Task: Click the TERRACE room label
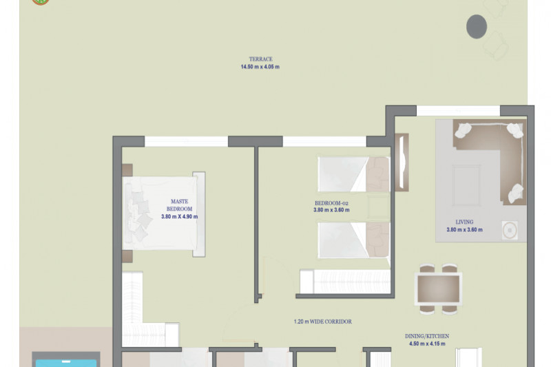pos(261,59)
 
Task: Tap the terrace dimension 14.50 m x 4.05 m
pos(260,67)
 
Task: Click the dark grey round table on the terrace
pos(477,26)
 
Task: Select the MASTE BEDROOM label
pos(179,205)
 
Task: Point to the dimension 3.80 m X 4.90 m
pos(179,217)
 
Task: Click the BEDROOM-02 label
pos(331,203)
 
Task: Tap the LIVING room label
pos(464,222)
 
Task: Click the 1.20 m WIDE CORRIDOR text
pos(322,322)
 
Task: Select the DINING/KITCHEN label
pos(427,336)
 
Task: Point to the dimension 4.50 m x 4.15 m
pos(427,344)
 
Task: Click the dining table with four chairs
pos(438,289)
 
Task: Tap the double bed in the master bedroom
pos(164,214)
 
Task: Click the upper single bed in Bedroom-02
pos(354,174)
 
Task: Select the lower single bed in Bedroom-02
pos(354,240)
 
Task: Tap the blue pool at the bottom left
pos(66,363)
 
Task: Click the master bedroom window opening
pos(186,142)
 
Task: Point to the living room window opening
pos(458,111)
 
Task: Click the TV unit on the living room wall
pos(402,162)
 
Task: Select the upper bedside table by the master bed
pos(127,170)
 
